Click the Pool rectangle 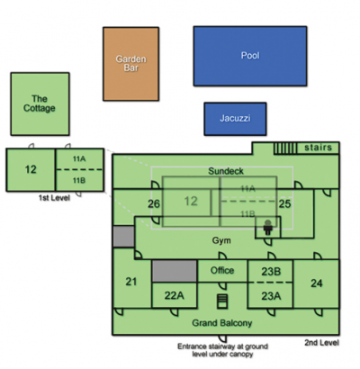(x=250, y=56)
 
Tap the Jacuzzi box (x=235, y=119)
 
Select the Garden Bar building (x=130, y=64)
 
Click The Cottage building (x=40, y=103)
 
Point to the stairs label (x=318, y=148)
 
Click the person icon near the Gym (x=268, y=228)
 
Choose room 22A (x=175, y=295)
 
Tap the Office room (x=222, y=271)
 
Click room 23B (x=271, y=271)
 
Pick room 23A (x=271, y=295)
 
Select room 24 (x=317, y=283)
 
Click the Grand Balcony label (x=222, y=323)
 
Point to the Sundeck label (x=226, y=171)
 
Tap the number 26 (x=154, y=204)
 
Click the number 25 (x=284, y=204)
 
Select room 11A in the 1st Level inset (x=79, y=159)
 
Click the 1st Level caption (x=54, y=198)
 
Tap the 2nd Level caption (x=321, y=343)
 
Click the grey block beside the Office (x=175, y=271)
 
